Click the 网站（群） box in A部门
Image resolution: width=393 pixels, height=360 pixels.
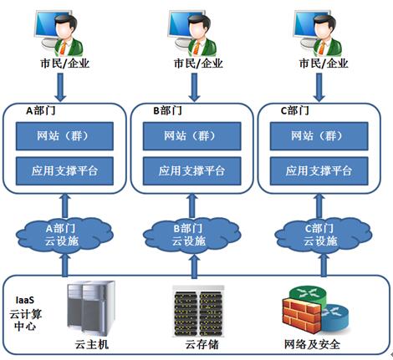coord(64,136)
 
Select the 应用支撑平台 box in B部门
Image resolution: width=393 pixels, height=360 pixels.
coord(191,171)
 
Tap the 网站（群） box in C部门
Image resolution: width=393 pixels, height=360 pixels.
coord(319,136)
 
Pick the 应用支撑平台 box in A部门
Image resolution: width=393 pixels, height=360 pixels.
coord(64,171)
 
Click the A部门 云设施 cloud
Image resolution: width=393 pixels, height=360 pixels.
coord(64,236)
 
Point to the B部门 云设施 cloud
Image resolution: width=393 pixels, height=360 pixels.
coord(191,236)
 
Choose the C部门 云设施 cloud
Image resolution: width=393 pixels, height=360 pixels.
coord(324,236)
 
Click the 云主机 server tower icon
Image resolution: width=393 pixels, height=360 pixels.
coord(91,308)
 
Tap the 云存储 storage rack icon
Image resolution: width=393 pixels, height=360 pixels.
coord(198,311)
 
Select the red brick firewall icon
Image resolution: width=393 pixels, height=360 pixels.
coord(302,315)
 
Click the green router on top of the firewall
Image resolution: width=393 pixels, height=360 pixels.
coord(308,295)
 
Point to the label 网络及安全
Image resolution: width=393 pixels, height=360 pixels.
coord(312,345)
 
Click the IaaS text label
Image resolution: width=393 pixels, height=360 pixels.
coord(25,300)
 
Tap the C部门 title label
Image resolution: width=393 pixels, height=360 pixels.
coord(294,111)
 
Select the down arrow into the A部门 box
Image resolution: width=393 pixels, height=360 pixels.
coord(60,87)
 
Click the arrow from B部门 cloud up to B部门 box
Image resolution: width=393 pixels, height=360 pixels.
coord(192,206)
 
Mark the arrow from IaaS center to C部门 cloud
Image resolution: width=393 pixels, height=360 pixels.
coord(324,266)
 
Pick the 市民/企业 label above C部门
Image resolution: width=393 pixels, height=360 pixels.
coord(324,63)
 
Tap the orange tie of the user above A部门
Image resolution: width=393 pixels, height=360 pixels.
coord(64,48)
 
